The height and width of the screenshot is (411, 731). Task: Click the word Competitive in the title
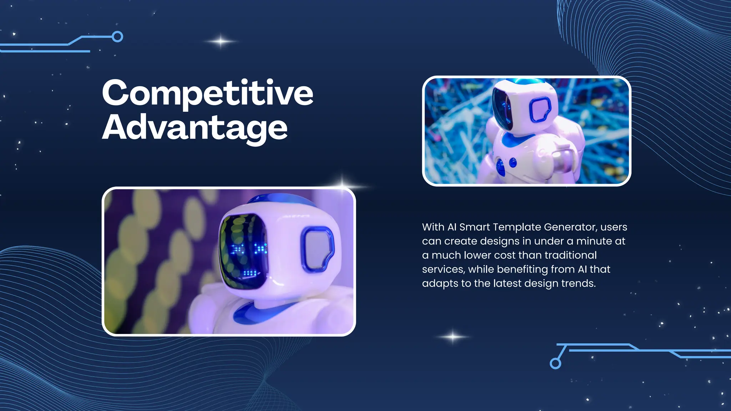[208, 93]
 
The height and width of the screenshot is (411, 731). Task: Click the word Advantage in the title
[195, 128]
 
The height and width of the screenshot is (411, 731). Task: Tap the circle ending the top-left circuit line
[117, 37]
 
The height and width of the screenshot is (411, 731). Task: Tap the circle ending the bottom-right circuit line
[555, 363]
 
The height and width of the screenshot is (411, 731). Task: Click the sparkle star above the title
[221, 41]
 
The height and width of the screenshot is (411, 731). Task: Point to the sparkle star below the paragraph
[453, 337]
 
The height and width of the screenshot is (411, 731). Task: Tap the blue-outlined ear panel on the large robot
[317, 249]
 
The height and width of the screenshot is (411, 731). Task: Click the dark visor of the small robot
[503, 109]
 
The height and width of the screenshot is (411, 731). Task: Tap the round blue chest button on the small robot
[513, 163]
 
